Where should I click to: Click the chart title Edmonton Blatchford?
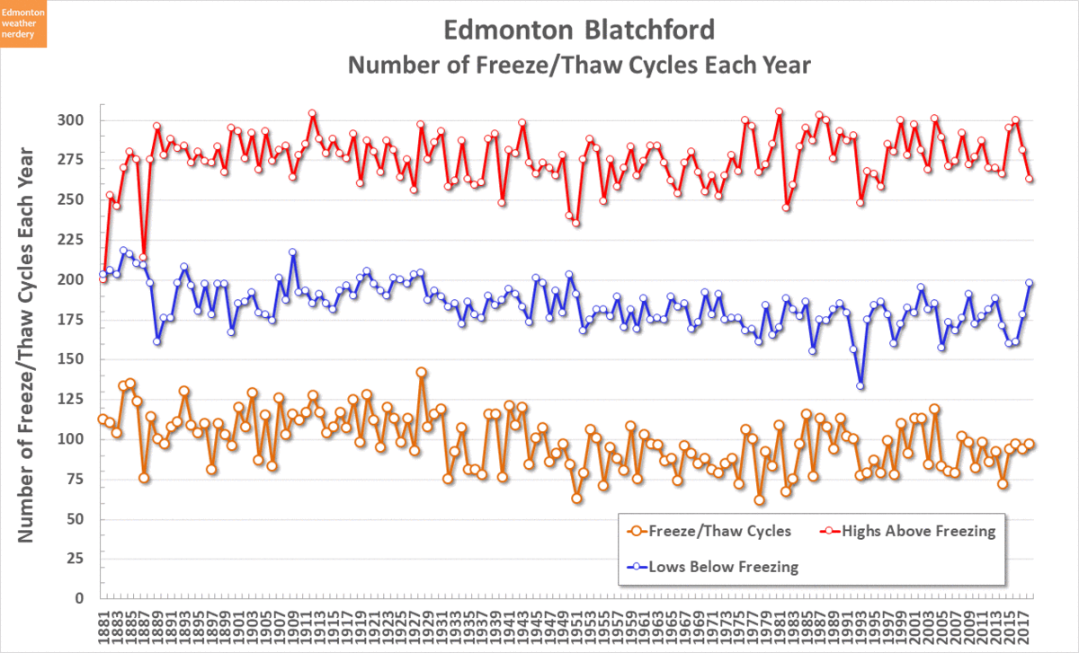pos(579,30)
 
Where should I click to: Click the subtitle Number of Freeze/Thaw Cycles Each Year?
pos(579,66)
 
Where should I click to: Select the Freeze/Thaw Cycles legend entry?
pos(710,531)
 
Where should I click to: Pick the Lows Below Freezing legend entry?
pos(710,567)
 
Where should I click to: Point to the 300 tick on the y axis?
pos(72,120)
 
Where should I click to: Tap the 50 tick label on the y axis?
pos(76,519)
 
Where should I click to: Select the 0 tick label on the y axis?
pos(80,598)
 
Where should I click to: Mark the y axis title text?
pos(26,343)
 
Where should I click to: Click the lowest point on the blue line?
pos(861,385)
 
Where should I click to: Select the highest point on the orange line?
pos(421,372)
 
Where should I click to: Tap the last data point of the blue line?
pos(1030,283)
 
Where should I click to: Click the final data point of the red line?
pos(1030,180)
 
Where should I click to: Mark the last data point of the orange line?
pos(1030,444)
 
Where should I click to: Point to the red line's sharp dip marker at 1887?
pos(143,257)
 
